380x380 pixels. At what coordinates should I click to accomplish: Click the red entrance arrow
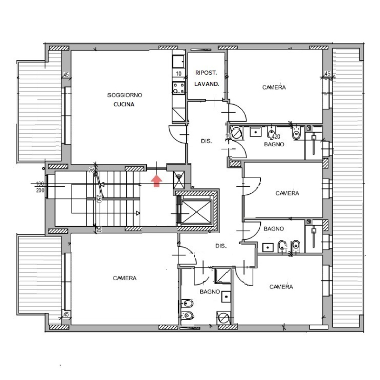tap(157, 181)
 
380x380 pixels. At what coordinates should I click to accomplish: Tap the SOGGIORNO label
tap(124, 95)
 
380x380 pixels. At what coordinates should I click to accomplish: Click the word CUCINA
tap(124, 104)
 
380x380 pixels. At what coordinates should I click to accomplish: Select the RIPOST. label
tap(206, 73)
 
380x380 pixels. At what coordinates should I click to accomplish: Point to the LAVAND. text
tap(207, 84)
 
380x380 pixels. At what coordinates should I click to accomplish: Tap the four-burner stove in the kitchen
tap(179, 88)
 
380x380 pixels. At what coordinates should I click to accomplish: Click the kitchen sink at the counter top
tap(179, 62)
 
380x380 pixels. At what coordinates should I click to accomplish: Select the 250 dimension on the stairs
tap(99, 199)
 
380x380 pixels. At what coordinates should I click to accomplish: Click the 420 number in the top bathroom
tap(276, 137)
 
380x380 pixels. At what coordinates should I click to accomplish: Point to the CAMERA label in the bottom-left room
tap(125, 278)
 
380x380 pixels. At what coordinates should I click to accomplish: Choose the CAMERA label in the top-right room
tap(274, 87)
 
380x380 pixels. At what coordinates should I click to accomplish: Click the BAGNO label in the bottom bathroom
tap(210, 292)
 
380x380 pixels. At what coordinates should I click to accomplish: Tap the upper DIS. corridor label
tap(207, 141)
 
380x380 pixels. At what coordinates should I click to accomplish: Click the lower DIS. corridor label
tap(221, 246)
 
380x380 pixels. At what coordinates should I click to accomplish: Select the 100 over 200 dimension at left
tap(40, 187)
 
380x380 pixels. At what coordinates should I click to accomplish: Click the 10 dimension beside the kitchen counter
tap(179, 74)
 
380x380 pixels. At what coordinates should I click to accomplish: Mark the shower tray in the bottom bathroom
tap(223, 276)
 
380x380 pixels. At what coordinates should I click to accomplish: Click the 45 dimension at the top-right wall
tap(327, 73)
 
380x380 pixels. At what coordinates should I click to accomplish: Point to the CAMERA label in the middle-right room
tap(287, 193)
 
